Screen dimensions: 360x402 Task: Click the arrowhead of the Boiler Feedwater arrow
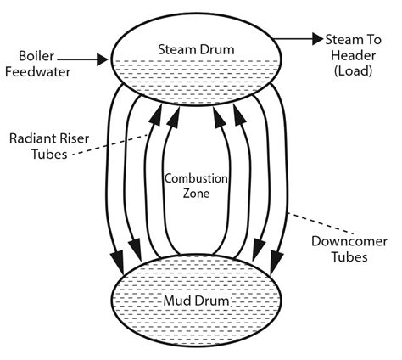pos(104,59)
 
